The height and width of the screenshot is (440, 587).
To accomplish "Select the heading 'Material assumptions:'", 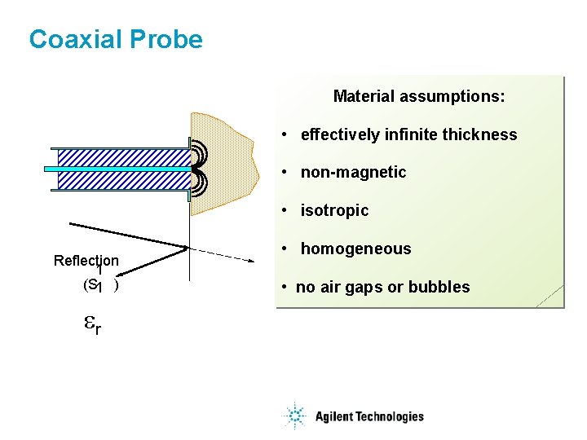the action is tap(419, 97).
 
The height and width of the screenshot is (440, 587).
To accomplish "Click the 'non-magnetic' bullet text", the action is tap(353, 173).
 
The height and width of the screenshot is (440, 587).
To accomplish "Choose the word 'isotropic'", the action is tap(334, 211).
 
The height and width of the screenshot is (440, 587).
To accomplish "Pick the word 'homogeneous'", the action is tap(355, 249).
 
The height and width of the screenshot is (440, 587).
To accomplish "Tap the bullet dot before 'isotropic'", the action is tap(283, 211).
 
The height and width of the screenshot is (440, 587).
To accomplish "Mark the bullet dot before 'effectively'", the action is tap(283, 134).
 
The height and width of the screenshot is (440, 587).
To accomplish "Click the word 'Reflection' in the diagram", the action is tap(86, 261).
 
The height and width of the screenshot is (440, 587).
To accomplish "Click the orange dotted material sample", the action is tap(224, 163).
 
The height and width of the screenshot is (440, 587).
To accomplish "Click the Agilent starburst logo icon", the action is tap(293, 416).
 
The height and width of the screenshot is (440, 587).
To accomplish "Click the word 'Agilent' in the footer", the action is tap(334, 416).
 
